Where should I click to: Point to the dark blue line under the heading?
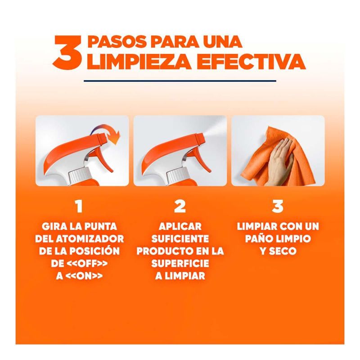(x=180, y=81)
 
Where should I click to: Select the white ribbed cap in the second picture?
(x=178, y=177)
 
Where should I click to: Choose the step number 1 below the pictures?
(x=79, y=206)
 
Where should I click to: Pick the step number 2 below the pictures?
(x=180, y=206)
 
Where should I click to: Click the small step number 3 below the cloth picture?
(x=278, y=206)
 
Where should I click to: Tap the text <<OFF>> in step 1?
(x=87, y=264)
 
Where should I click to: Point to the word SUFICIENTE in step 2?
(x=180, y=239)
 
